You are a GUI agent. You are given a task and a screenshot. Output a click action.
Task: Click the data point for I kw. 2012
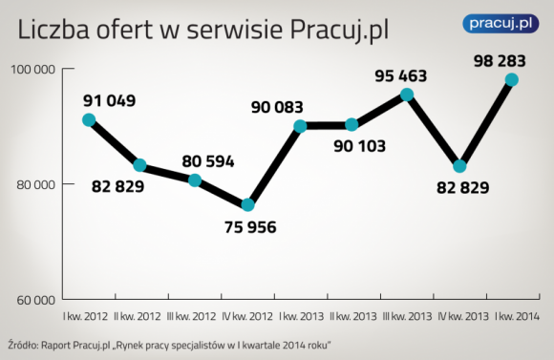coord(89,120)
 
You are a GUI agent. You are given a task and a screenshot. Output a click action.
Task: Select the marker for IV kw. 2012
coord(248,205)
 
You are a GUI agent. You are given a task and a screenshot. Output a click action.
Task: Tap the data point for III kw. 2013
coord(407,95)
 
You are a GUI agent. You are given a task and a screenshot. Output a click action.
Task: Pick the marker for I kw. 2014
coord(512,80)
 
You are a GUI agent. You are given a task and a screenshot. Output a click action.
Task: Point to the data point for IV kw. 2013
coord(459,166)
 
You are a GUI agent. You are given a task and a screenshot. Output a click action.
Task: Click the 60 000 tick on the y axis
coord(34,298)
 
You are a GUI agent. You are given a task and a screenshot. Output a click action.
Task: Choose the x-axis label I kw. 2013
coord(301,314)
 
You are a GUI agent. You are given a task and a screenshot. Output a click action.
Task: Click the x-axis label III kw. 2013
coord(407,314)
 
